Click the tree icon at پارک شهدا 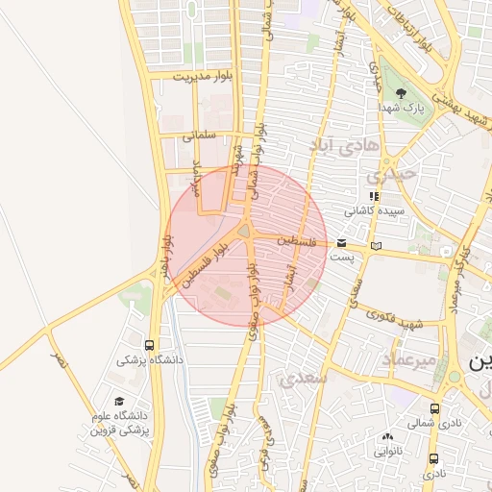point(401,93)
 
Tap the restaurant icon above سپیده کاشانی point(373,196)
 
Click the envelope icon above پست point(342,244)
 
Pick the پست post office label point(341,258)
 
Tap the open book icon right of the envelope point(376,247)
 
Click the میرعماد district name point(410,358)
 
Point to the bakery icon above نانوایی point(386,437)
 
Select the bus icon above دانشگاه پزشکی point(149,345)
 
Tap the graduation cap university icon point(119,402)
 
